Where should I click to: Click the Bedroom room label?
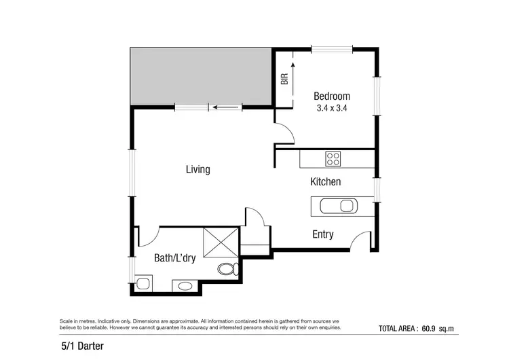point(332,96)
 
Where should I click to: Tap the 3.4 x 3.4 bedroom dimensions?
point(332,107)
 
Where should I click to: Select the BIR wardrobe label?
point(284,79)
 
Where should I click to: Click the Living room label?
point(198,169)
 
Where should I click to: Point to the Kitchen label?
point(325,182)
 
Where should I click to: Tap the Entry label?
point(322,234)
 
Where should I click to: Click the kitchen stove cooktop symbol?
point(333,159)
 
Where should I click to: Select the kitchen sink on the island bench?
point(339,206)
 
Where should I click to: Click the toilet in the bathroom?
point(227,270)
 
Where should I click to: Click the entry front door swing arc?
point(361,239)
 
